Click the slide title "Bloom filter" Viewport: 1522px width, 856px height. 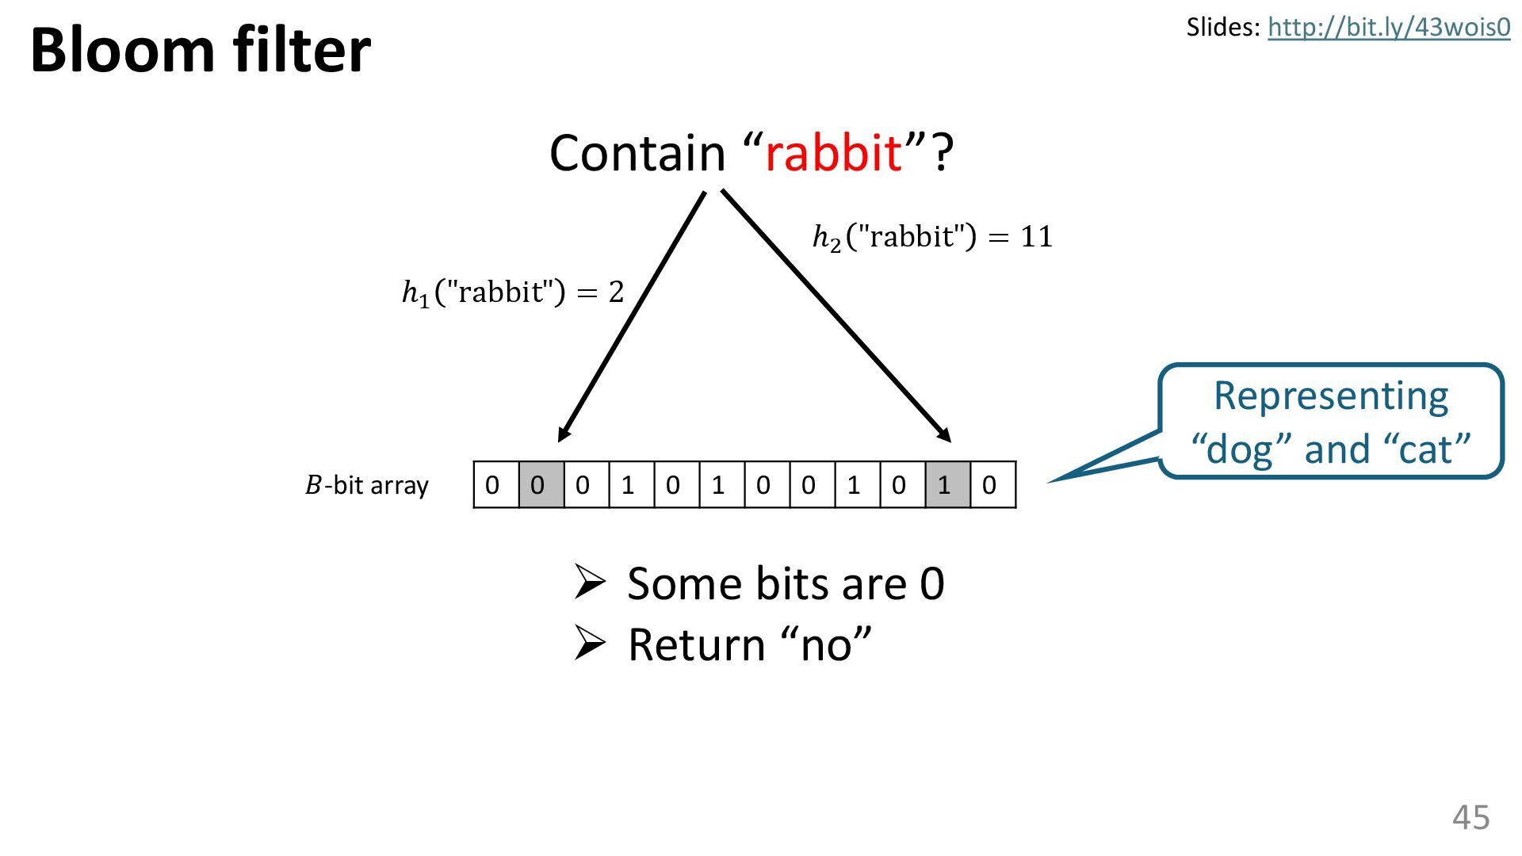coord(200,50)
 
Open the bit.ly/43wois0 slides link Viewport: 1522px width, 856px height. coord(1388,28)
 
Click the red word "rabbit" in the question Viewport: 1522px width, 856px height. coord(833,152)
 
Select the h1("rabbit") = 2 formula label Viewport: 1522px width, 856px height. coord(513,292)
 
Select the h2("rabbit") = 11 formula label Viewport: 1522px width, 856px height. coord(932,237)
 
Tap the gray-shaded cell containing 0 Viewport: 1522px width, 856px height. coord(541,485)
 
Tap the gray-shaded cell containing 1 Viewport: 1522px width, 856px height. coord(947,485)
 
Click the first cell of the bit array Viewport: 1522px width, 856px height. coord(495,485)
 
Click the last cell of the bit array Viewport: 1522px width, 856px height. coord(992,485)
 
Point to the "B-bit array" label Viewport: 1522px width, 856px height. coord(366,485)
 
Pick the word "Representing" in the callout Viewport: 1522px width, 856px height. coord(1330,396)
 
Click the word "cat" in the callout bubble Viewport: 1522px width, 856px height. coord(1426,449)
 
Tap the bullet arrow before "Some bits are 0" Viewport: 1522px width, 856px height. coord(590,583)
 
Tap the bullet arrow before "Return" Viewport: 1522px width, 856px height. coord(590,644)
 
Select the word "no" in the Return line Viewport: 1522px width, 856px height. coord(825,645)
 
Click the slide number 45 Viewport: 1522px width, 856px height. coord(1470,816)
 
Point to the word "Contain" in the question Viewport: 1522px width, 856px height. coord(637,152)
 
